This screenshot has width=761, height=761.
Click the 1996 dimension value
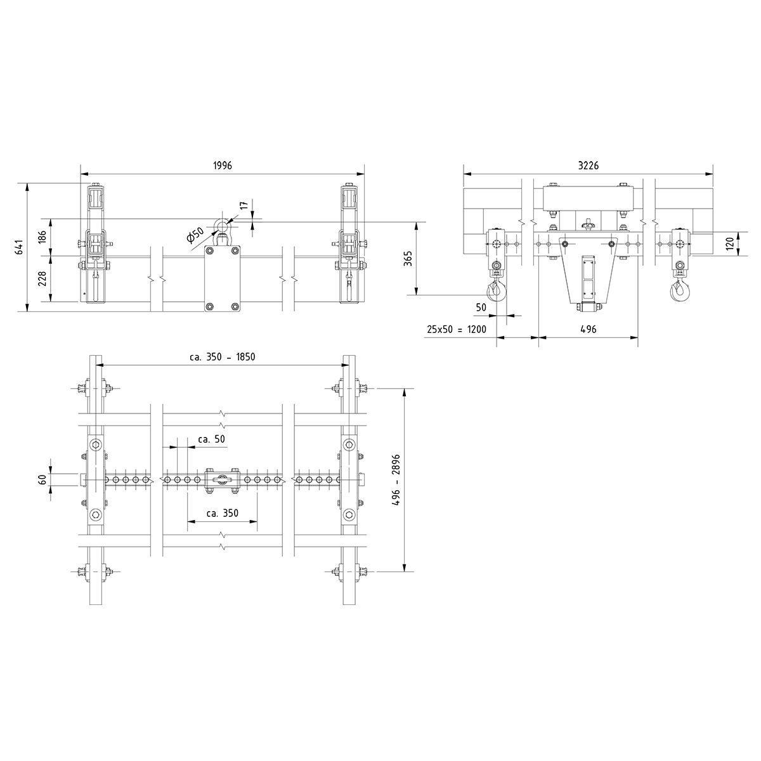tap(223, 166)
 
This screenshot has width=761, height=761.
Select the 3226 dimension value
tap(589, 166)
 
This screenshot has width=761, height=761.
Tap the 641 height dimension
tap(20, 247)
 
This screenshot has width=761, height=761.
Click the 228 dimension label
tap(43, 278)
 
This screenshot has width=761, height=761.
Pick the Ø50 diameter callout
tap(195, 235)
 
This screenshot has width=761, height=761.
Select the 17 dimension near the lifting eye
tap(244, 207)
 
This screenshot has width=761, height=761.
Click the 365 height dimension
tap(408, 258)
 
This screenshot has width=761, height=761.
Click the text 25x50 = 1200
tap(457, 330)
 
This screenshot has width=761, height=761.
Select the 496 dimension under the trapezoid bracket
tap(588, 330)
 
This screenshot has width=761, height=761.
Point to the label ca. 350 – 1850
tap(222, 357)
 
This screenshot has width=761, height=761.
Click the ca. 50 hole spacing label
tap(211, 439)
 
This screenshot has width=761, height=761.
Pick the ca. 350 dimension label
tap(222, 513)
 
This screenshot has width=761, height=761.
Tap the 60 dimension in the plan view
tap(43, 480)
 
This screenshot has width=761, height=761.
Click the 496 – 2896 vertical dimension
tap(397, 479)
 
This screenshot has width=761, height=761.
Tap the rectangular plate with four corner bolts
tap(222, 279)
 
